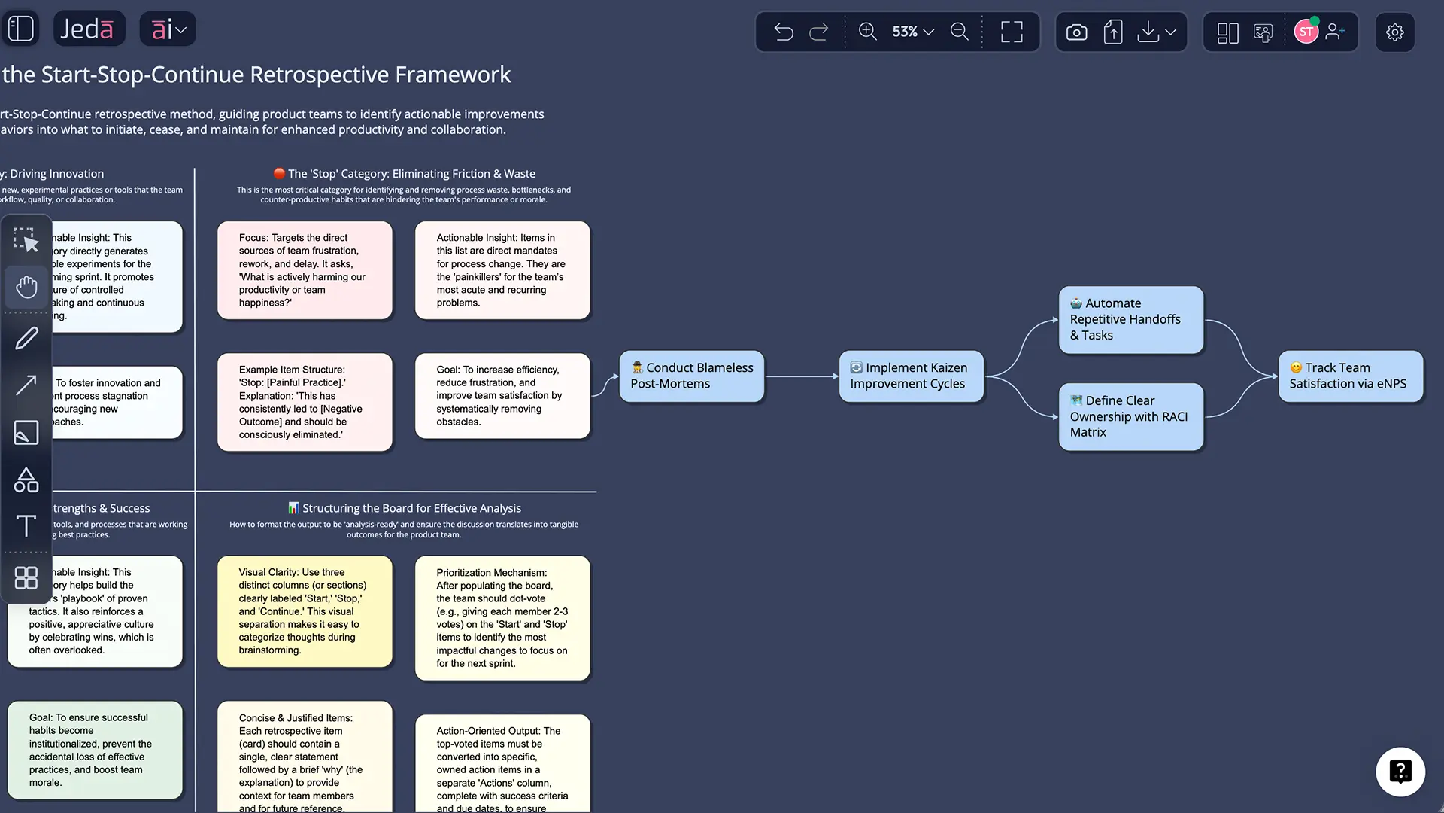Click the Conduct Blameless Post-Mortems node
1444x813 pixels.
pyautogui.click(x=691, y=376)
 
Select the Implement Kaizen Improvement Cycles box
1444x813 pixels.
pyautogui.click(x=911, y=376)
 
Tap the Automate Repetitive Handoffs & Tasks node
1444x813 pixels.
pyautogui.click(x=1130, y=319)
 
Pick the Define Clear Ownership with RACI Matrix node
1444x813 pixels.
pyautogui.click(x=1130, y=416)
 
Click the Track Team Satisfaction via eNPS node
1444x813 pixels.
pyautogui.click(x=1350, y=376)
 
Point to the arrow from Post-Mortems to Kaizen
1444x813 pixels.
pyautogui.click(x=801, y=376)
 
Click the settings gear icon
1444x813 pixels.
pyautogui.click(x=1394, y=32)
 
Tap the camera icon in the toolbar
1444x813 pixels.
pyautogui.click(x=1076, y=32)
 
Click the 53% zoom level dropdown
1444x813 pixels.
pyautogui.click(x=912, y=32)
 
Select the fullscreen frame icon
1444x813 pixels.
pyautogui.click(x=1012, y=32)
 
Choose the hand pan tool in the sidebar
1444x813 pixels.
pyautogui.click(x=26, y=287)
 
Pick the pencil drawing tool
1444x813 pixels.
pyautogui.click(x=26, y=338)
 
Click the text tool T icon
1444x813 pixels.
pyautogui.click(x=26, y=525)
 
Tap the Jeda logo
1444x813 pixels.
pyautogui.click(x=88, y=29)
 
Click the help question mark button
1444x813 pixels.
pyautogui.click(x=1400, y=771)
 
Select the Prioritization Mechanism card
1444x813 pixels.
pyautogui.click(x=502, y=617)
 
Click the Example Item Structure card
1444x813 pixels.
pyautogui.click(x=305, y=402)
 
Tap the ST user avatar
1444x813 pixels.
pyautogui.click(x=1306, y=32)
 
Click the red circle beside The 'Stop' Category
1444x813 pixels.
pyautogui.click(x=279, y=173)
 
